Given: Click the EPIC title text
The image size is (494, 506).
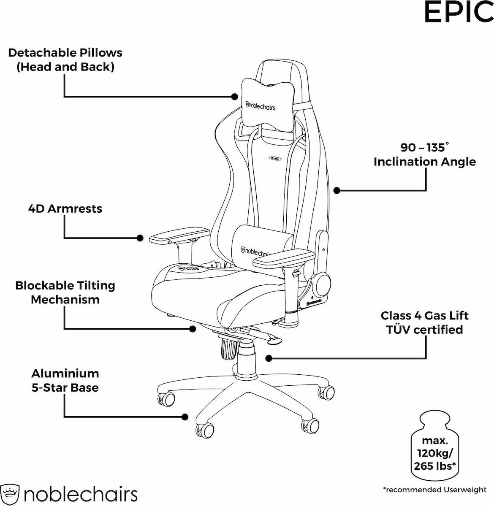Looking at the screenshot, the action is pos(459,12).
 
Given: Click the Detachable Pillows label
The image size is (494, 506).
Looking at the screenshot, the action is pos(65,60).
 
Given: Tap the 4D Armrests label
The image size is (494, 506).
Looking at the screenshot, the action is pos(65,209).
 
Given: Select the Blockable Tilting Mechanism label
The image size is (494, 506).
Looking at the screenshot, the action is pos(65,292).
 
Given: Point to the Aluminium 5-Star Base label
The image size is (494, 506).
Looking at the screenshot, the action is pos(65,380).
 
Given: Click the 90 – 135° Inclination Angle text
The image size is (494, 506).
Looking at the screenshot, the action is pos(425,154).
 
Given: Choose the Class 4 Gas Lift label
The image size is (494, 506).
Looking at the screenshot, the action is pos(425,322).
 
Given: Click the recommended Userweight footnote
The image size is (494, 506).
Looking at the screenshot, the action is pos(434,490).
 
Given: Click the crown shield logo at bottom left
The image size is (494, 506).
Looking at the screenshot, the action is pos(10,494).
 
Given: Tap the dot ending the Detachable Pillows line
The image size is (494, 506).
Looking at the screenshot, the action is pos(235,97).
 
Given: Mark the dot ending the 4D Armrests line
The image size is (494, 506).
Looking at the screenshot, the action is pos(140,238).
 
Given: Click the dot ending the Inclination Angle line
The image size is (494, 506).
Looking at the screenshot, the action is pos(337,190).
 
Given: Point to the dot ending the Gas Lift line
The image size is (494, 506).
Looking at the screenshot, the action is pos(268,358).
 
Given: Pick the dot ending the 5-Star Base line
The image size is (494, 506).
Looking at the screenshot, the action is pos(185,417).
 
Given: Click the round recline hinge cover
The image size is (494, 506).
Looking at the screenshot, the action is pos(322,283).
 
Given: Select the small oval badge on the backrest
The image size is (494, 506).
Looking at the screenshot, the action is pos(275,158).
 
